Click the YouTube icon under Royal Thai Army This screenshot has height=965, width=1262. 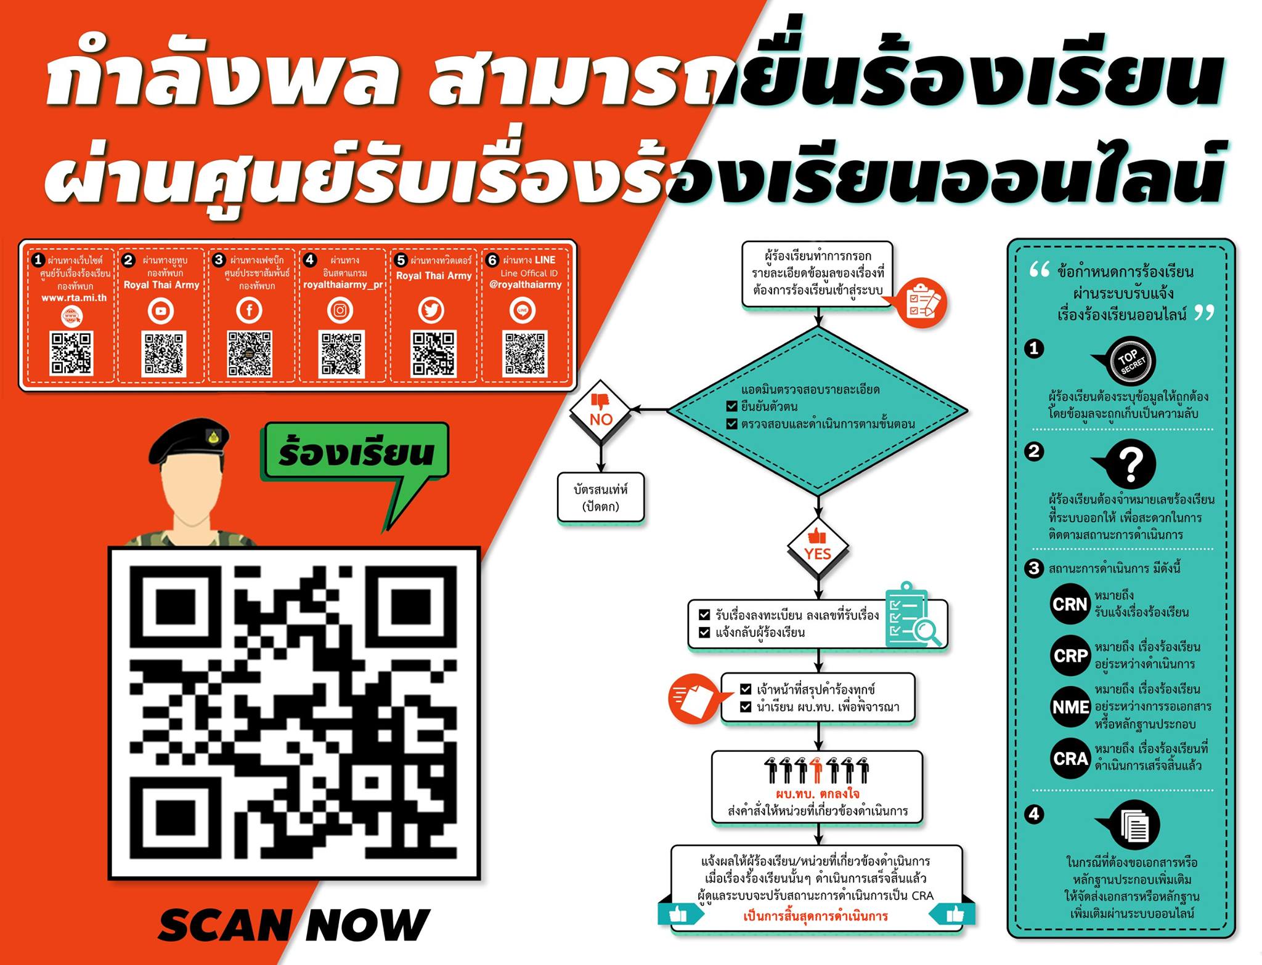[x=161, y=311]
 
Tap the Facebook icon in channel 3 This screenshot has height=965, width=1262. [x=250, y=310]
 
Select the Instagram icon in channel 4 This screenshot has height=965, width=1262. [x=340, y=310]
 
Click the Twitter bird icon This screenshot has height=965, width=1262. [x=431, y=310]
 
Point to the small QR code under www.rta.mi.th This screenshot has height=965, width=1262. [x=71, y=353]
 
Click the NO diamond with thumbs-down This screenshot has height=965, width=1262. [x=600, y=411]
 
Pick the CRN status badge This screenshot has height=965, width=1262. [x=1070, y=604]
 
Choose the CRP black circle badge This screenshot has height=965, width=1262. [x=1070, y=656]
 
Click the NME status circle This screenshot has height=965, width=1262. [x=1070, y=707]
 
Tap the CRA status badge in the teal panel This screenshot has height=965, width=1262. [x=1070, y=759]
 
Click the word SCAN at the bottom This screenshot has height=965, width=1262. [x=225, y=925]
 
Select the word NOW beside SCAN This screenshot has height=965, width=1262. [x=367, y=925]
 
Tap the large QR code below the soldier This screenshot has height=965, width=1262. [x=294, y=713]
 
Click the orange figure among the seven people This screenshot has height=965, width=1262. [x=817, y=770]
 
